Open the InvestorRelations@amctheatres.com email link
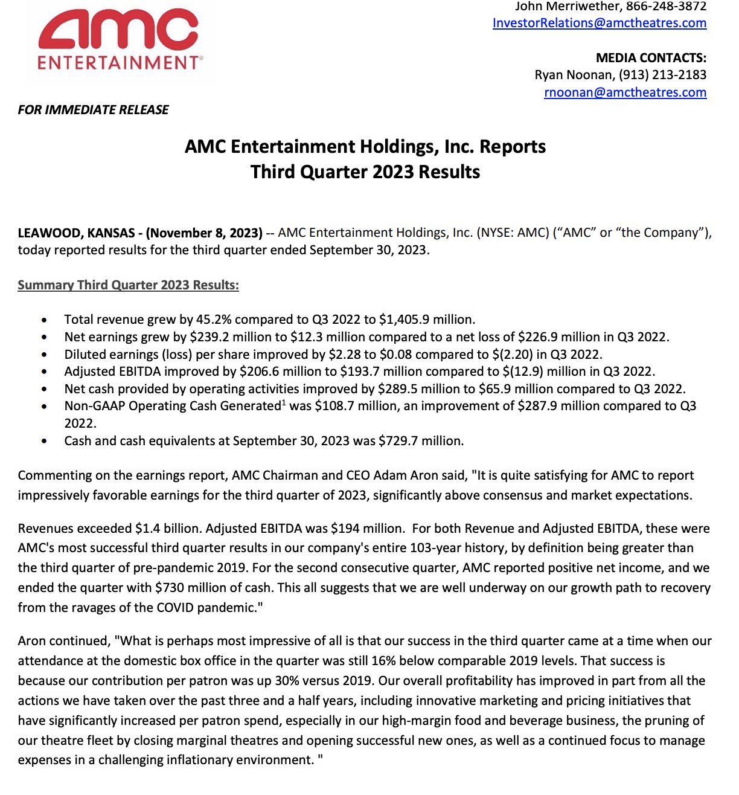(599, 23)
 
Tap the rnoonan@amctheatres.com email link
(625, 92)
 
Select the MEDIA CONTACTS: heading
(651, 58)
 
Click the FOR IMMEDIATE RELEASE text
(93, 110)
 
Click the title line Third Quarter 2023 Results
(365, 172)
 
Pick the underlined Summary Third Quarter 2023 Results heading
(128, 285)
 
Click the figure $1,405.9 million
(426, 320)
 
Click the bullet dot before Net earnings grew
(44, 337)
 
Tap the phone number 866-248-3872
(666, 7)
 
